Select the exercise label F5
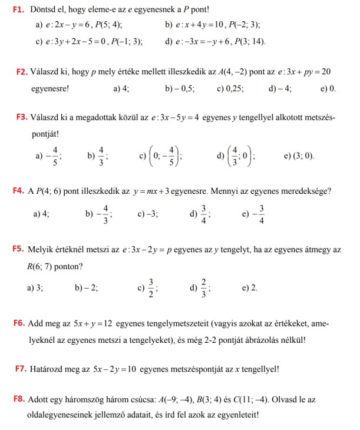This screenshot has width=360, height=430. [18, 250]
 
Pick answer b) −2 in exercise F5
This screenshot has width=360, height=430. [87, 287]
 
